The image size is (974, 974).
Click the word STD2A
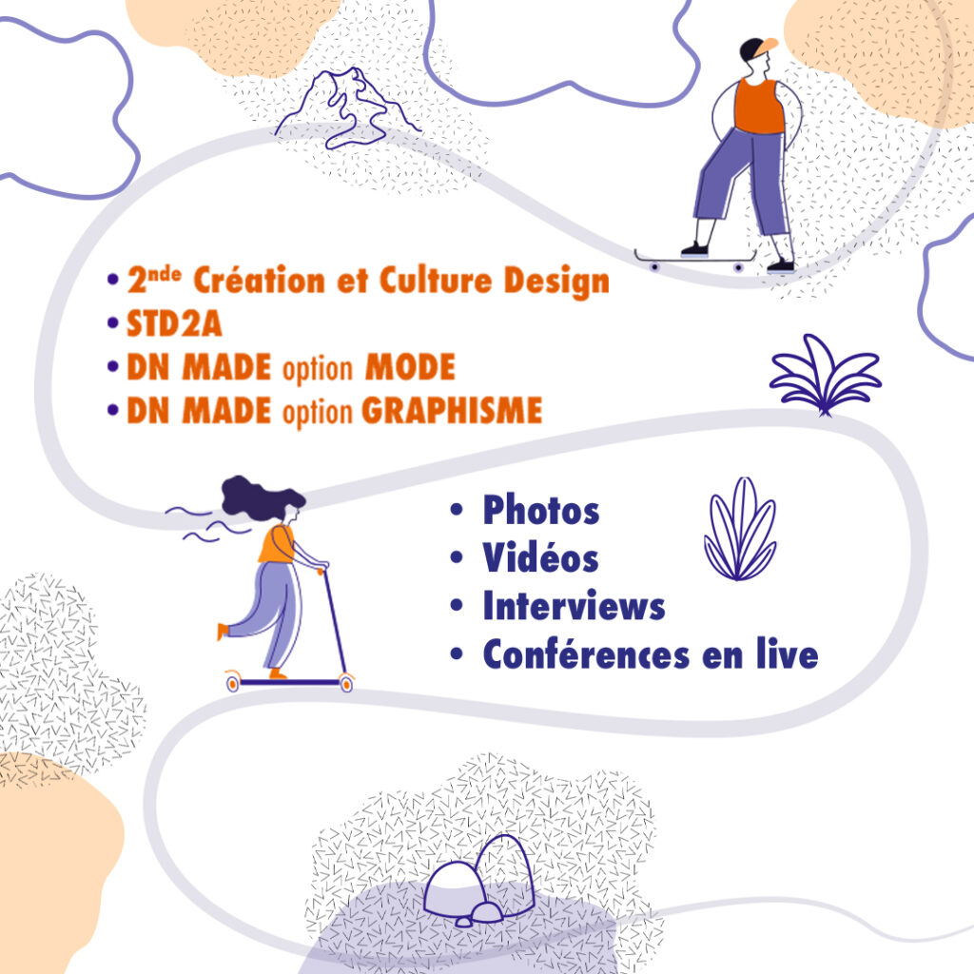pyautogui.click(x=174, y=324)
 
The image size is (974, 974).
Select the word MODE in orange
pyautogui.click(x=410, y=368)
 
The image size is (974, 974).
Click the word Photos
pyautogui.click(x=540, y=511)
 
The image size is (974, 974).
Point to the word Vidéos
pyautogui.click(x=540, y=558)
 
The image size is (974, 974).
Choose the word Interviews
pyautogui.click(x=574, y=606)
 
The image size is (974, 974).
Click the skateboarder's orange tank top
pyautogui.click(x=758, y=106)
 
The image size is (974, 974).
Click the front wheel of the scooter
pyautogui.click(x=345, y=682)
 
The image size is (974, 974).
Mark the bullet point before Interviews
pyautogui.click(x=458, y=606)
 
